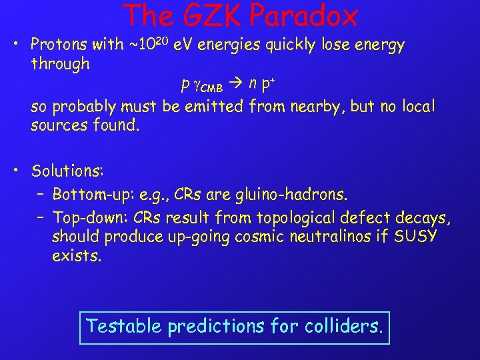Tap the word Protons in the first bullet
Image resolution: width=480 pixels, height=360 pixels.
pos(61,45)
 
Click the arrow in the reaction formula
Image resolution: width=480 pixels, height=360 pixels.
pos(237,85)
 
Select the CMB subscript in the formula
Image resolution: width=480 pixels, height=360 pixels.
pos(214,87)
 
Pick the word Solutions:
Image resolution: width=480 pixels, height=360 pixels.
pos(67,171)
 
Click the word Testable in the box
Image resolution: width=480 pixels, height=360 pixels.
pos(125,327)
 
